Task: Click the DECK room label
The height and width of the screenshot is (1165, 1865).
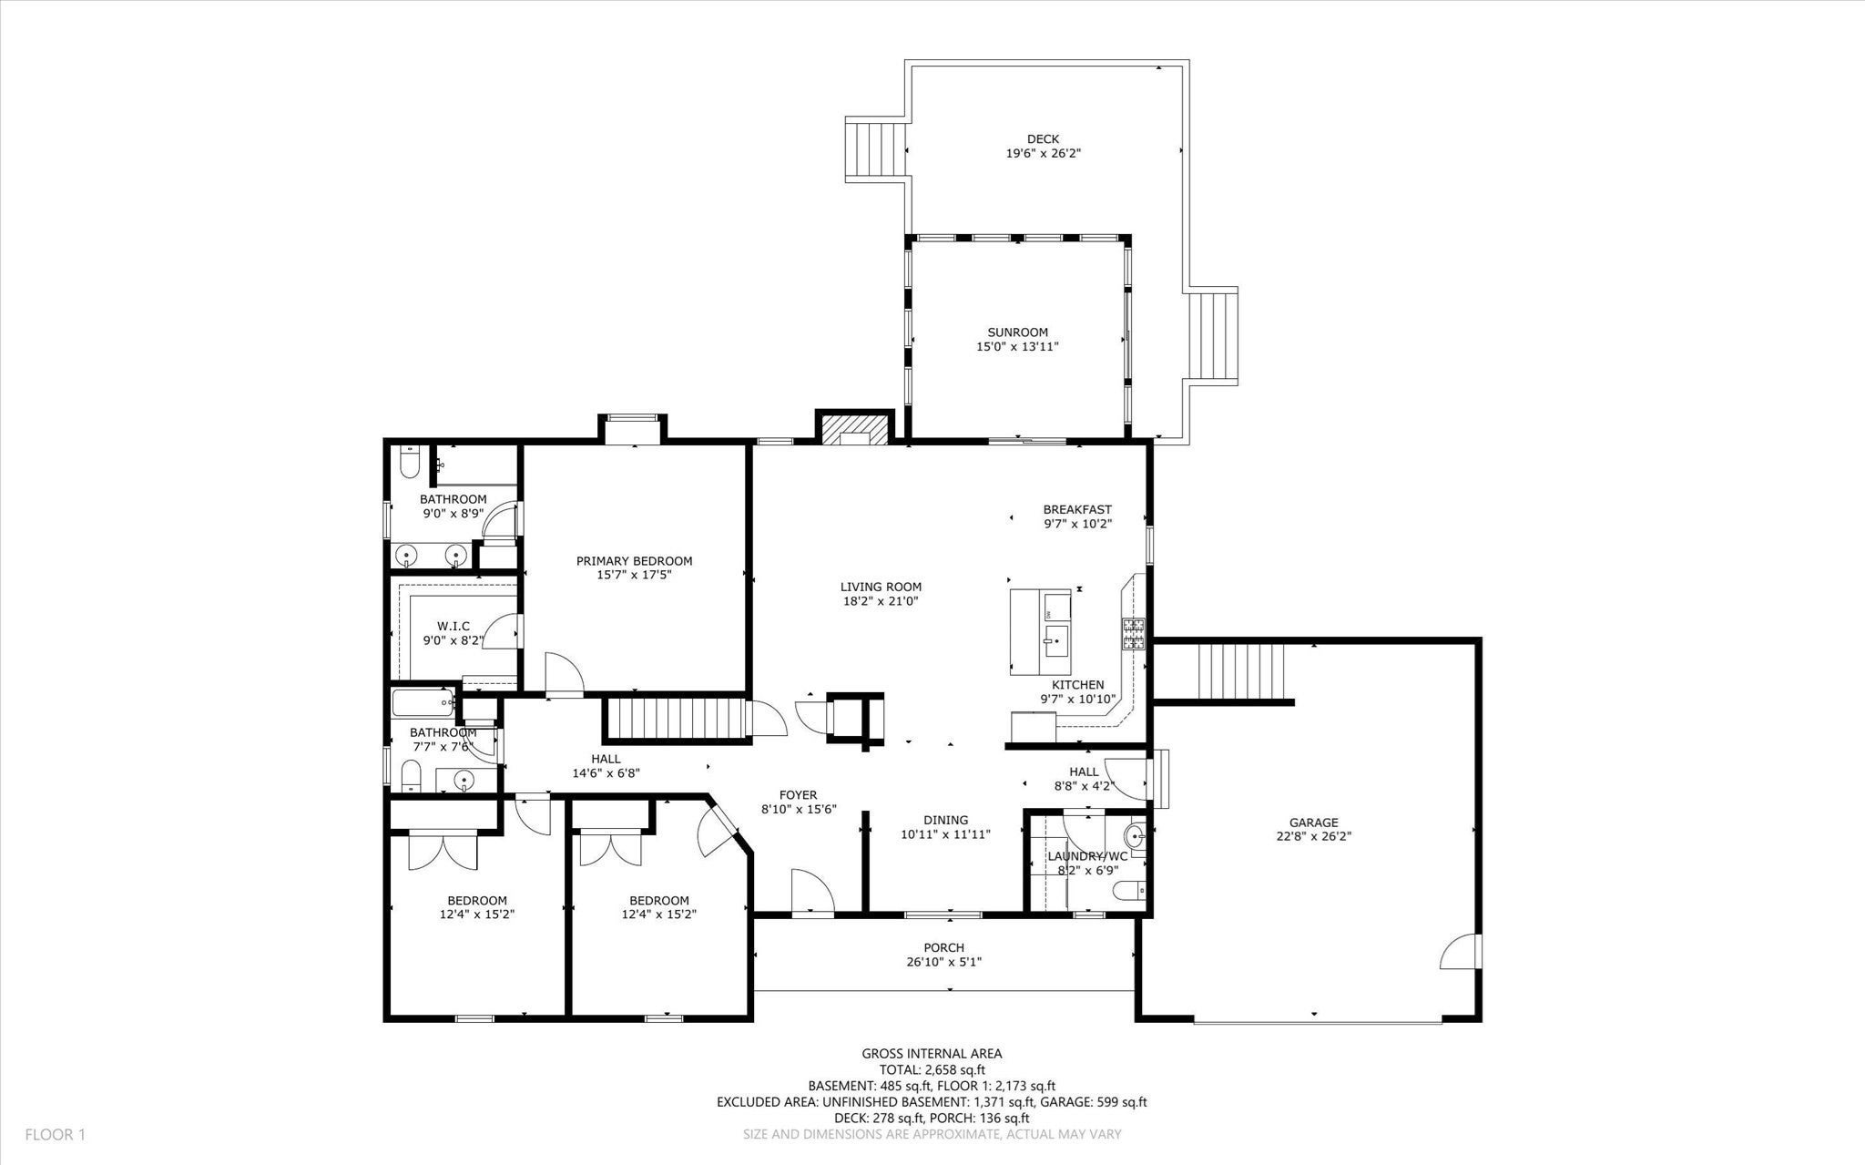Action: point(1043,139)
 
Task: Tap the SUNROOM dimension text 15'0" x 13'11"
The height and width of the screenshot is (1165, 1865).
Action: point(1017,347)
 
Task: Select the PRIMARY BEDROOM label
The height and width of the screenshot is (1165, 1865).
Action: point(634,561)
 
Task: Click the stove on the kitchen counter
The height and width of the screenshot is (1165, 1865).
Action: point(1134,634)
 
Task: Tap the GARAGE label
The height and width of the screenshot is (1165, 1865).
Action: point(1313,823)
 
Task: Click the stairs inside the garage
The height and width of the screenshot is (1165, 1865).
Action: point(1240,672)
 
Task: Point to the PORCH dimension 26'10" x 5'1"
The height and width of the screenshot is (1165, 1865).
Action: point(943,962)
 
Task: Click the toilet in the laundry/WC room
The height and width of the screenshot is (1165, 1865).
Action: point(1130,891)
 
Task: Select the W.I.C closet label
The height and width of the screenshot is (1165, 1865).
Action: point(453,626)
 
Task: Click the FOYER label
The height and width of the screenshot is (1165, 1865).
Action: point(798,795)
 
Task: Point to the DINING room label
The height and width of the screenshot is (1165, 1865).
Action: point(945,820)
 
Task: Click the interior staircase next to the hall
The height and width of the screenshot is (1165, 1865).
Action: point(676,719)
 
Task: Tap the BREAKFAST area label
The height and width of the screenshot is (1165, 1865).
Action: point(1077,510)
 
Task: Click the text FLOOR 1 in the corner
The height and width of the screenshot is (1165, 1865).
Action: point(55,1135)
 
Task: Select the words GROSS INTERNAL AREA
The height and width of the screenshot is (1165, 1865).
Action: point(932,1054)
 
